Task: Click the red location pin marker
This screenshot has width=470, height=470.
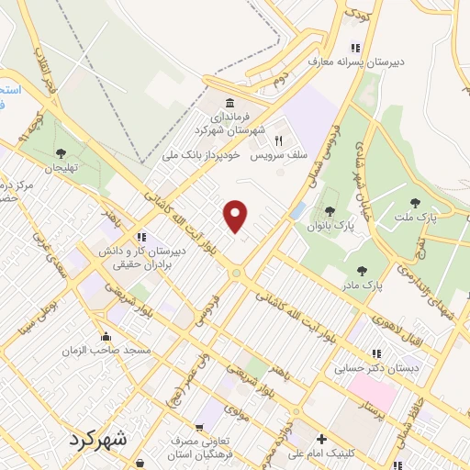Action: [236, 215]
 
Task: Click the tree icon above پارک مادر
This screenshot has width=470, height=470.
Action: [363, 272]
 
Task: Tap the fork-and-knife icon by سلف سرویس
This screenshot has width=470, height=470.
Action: [277, 141]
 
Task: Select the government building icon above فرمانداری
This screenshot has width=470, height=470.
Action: [228, 102]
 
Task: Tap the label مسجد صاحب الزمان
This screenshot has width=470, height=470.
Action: [107, 352]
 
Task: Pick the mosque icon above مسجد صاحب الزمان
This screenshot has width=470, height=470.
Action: [107, 335]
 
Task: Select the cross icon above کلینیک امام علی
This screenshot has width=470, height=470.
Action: [320, 439]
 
